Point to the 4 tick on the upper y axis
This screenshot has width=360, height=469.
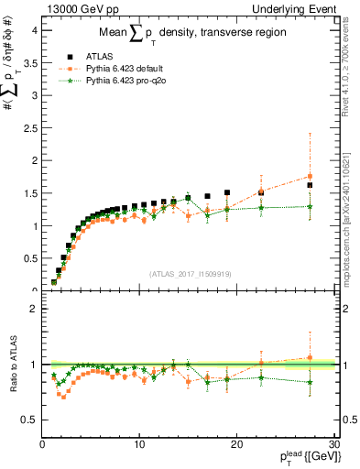pyautogui.click(x=33, y=29)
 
